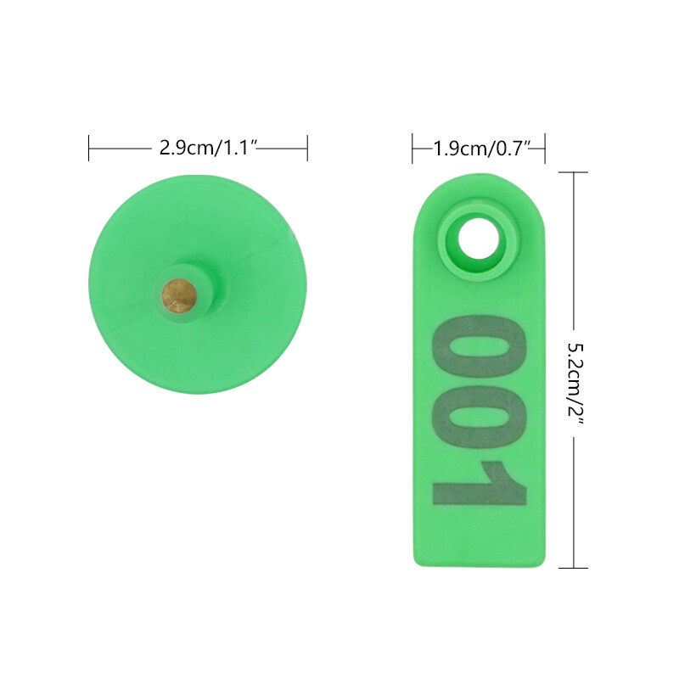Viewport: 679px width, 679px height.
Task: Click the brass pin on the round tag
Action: click(179, 296)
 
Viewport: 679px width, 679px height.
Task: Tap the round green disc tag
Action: click(198, 284)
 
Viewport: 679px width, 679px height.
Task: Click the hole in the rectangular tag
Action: click(479, 238)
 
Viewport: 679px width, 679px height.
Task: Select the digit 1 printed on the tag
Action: click(480, 484)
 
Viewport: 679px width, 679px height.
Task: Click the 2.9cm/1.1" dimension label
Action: click(209, 148)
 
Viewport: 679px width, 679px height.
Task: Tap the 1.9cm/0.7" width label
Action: click(482, 149)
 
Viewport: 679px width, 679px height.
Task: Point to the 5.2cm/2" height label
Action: click(575, 384)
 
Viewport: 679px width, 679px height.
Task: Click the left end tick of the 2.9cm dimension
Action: click(89, 148)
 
